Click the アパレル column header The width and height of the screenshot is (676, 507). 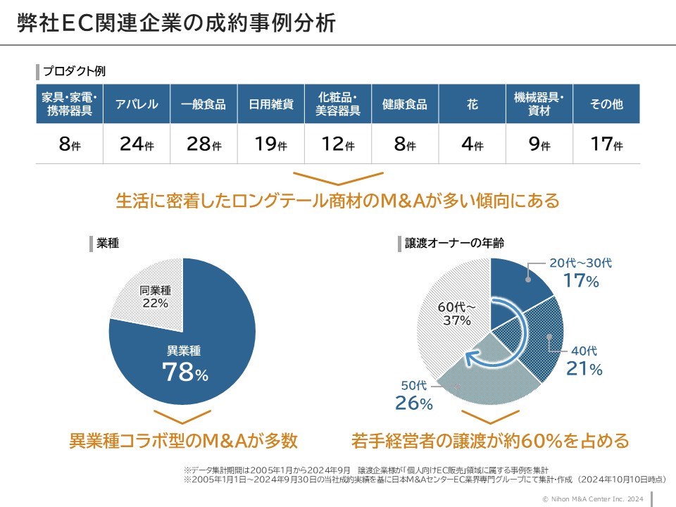[137, 104]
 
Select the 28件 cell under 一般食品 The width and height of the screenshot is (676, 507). [204, 144]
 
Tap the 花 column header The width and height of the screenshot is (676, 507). [472, 104]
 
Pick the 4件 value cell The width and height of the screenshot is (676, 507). [472, 144]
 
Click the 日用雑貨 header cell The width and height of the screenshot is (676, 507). [271, 104]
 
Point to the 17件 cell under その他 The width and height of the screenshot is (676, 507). [606, 144]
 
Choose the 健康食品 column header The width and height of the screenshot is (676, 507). [405, 104]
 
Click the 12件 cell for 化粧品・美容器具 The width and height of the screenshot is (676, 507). [338, 144]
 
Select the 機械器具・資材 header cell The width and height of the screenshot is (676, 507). [539, 104]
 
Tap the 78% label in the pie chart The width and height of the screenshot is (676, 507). [185, 372]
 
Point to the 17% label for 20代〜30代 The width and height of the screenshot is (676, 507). [580, 281]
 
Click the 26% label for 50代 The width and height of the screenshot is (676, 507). [414, 403]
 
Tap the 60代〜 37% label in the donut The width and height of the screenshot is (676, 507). [456, 314]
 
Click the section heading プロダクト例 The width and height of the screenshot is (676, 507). [74, 71]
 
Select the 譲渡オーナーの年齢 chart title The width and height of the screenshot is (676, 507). [458, 243]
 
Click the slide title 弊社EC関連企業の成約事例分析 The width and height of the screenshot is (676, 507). [176, 23]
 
